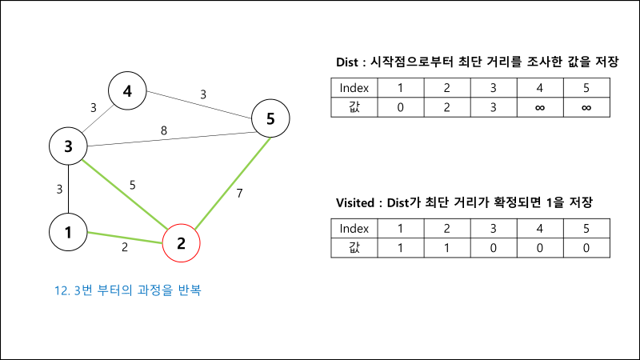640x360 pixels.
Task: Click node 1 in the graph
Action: click(68, 232)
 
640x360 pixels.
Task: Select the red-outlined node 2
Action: click(181, 242)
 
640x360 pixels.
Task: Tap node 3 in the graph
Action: click(68, 146)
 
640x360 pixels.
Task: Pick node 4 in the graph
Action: click(127, 92)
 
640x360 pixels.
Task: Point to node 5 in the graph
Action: click(270, 119)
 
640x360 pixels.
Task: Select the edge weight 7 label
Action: click(240, 193)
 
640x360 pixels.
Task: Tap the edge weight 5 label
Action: click(133, 185)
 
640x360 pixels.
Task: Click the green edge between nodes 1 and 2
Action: click(124, 237)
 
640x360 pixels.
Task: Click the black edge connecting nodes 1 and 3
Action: click(68, 189)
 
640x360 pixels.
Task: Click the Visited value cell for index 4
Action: click(540, 247)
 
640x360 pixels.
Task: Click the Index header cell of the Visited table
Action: click(354, 228)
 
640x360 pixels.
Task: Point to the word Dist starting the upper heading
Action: click(350, 62)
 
